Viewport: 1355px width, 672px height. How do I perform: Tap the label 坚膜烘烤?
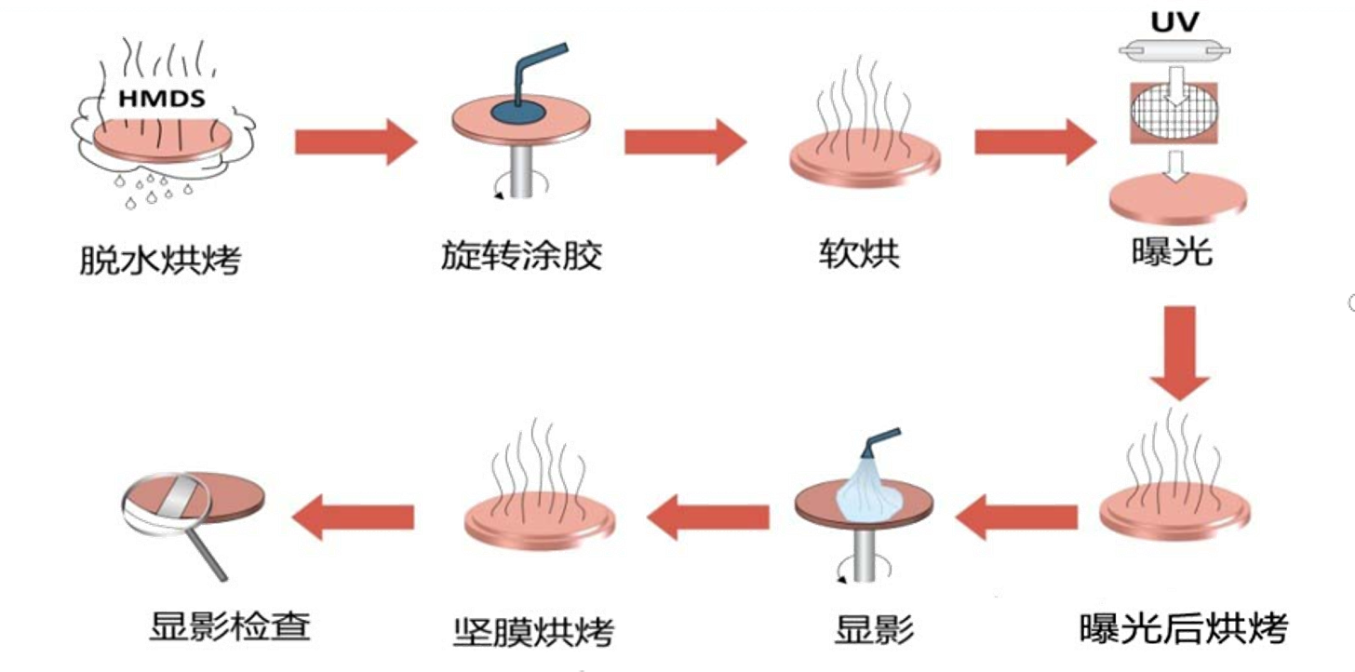click(533, 631)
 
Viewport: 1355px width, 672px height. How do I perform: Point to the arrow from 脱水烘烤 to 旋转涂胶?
click(354, 141)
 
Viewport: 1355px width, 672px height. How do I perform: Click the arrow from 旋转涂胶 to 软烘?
click(686, 141)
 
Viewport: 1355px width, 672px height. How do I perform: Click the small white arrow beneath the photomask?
click(1176, 166)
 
